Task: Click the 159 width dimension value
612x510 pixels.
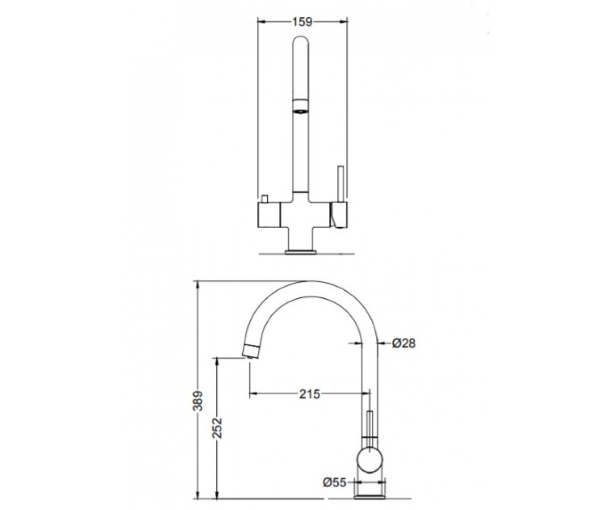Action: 302,22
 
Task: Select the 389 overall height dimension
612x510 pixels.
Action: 199,401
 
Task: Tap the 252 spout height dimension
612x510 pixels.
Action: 217,428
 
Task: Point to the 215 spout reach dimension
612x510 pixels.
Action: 310,394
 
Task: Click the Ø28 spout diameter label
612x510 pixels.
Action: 404,344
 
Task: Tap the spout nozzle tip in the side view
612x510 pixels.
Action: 251,351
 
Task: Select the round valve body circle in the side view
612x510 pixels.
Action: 370,460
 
